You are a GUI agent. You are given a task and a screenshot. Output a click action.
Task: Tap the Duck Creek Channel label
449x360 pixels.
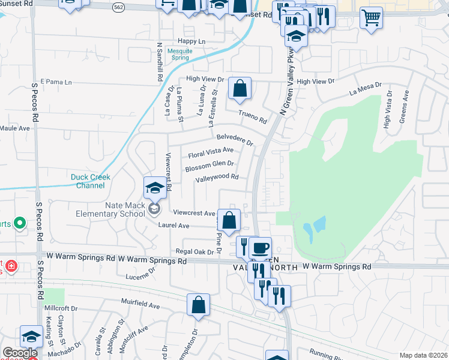pyautogui.click(x=91, y=181)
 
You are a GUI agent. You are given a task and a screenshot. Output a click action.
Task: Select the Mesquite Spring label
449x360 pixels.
pyautogui.click(x=179, y=55)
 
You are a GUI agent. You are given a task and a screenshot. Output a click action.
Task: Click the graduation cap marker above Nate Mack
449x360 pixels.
pyautogui.click(x=155, y=188)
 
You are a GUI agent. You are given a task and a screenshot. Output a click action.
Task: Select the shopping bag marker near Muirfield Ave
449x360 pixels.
pyautogui.click(x=198, y=305)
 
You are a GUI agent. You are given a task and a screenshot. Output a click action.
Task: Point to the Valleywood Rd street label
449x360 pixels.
pyautogui.click(x=217, y=177)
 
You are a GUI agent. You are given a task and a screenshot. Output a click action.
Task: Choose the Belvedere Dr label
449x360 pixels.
pyautogui.click(x=235, y=139)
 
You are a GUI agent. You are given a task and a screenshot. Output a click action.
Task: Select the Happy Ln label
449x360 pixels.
pyautogui.click(x=191, y=41)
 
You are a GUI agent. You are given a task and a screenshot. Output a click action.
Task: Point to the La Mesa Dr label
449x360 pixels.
pyautogui.click(x=362, y=91)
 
